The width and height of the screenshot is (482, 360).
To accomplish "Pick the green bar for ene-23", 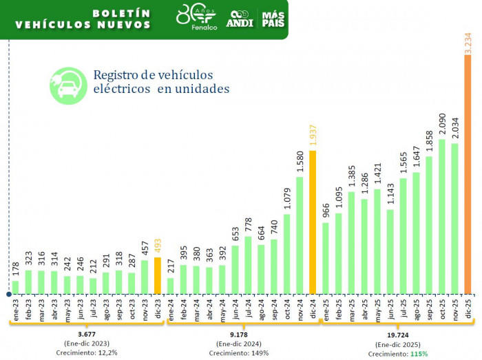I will coord(15,286).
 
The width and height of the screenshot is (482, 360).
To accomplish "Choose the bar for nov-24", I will coord(300,235).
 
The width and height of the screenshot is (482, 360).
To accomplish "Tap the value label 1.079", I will coord(287,200).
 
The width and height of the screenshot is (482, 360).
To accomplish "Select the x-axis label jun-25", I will coord(390,307).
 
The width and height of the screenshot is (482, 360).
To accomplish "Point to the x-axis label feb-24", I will coord(184,307).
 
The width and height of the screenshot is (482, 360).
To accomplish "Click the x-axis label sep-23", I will coord(119,307).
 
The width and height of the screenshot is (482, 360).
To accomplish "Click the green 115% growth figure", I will coord(418,354).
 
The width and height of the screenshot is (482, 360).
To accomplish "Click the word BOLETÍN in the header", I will coord(121,13).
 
